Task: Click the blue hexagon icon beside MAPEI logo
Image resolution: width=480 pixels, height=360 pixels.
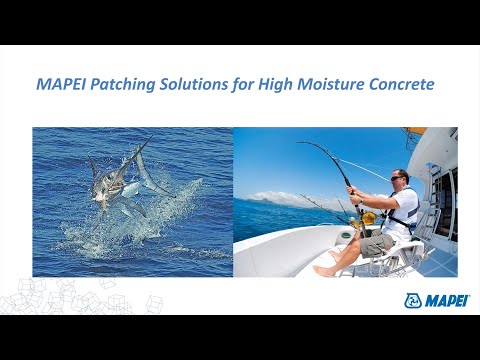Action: pos(412,300)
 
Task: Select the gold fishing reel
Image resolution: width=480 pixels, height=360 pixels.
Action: pos(368,217)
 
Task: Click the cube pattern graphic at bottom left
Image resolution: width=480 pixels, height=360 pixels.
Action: pos(60,298)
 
